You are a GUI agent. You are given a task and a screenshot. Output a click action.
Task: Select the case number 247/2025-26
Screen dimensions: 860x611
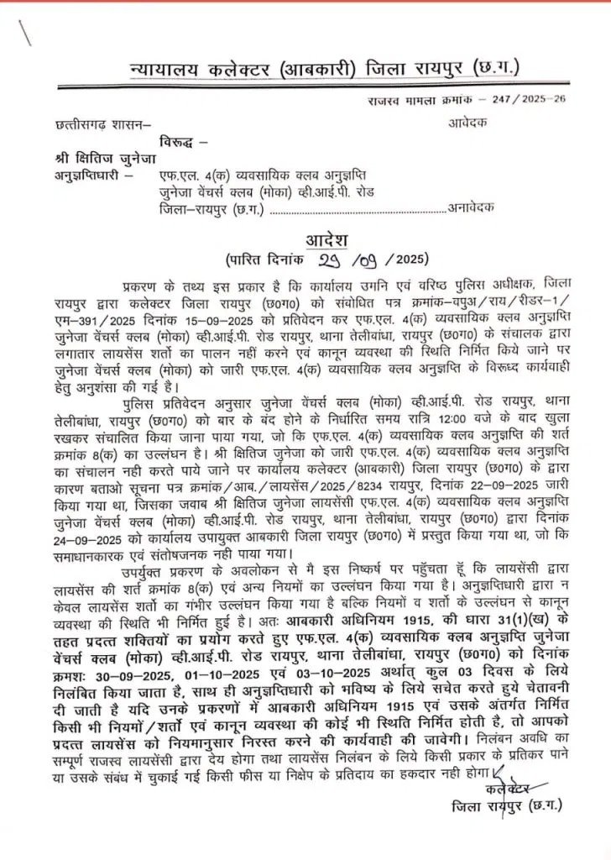tap(513, 101)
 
